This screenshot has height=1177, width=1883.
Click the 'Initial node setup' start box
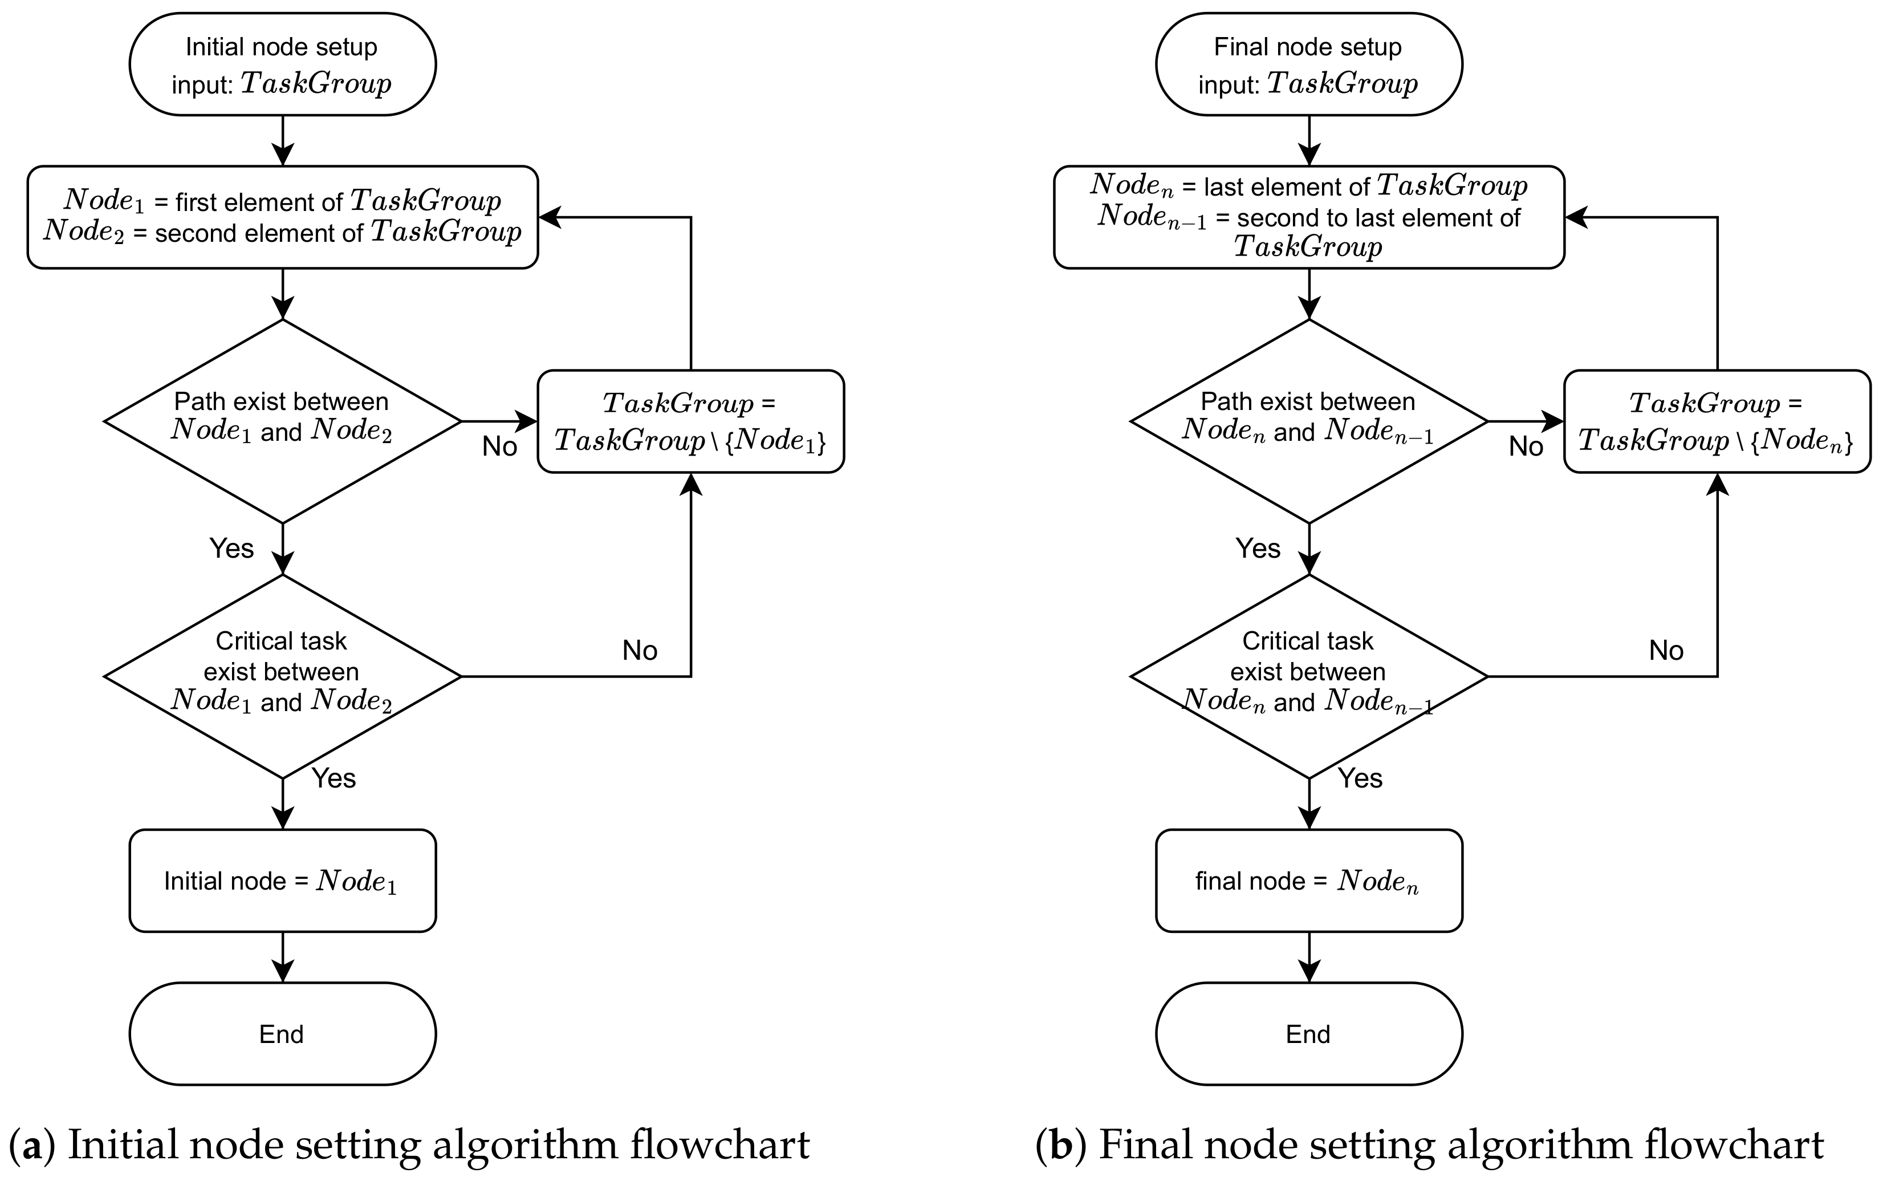282,64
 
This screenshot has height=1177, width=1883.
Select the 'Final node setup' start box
1309,64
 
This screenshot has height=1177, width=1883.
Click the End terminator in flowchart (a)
282,1034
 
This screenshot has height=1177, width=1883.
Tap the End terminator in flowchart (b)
1309,1034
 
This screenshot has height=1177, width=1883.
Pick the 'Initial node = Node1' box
282,880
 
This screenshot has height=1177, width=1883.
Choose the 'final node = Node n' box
1309,880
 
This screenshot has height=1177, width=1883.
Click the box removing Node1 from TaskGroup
690,421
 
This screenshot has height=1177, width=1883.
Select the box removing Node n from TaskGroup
1717,421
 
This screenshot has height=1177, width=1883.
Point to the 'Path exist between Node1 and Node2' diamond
282,421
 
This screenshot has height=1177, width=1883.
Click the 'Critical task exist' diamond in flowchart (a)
282,676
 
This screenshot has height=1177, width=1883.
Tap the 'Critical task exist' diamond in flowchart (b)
1309,676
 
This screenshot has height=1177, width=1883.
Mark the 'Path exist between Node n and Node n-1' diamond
1309,421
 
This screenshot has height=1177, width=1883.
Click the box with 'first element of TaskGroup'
282,217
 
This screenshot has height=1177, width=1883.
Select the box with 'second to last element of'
1309,217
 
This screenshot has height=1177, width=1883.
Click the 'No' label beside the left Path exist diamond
499,447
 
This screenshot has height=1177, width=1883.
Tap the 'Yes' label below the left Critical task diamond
334,778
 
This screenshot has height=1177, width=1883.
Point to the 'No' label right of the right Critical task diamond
1666,650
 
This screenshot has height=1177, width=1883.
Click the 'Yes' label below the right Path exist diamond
1258,549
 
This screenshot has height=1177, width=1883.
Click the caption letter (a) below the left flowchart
32,1144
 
